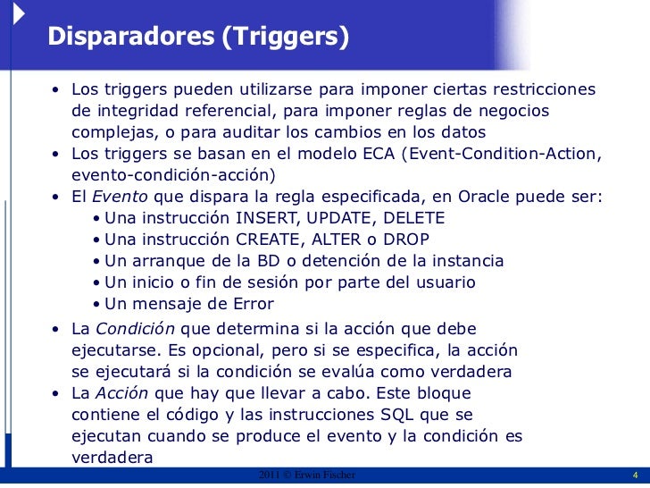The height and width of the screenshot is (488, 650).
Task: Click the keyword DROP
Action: click(x=410, y=240)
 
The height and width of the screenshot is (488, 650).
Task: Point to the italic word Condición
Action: click(x=128, y=328)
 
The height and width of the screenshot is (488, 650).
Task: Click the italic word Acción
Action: click(x=121, y=393)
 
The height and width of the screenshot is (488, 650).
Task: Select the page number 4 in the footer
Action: click(x=634, y=475)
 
